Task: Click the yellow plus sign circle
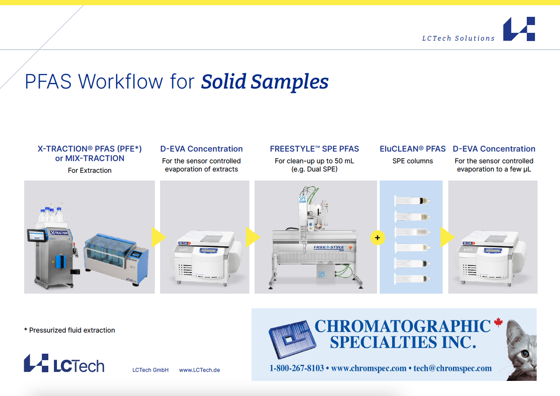coord(378,238)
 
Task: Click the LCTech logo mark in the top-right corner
coord(519,29)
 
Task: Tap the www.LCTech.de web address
coord(199,370)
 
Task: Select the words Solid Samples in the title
coord(265,82)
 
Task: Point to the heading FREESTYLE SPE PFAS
coord(314,149)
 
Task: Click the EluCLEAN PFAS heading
coord(412,149)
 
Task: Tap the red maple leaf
coord(498,322)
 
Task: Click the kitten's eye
coord(525,353)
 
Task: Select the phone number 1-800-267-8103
coord(296,368)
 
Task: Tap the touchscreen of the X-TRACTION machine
coord(37,235)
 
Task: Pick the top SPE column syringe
coord(412,201)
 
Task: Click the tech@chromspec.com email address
coord(453,368)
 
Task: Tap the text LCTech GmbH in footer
coord(151,370)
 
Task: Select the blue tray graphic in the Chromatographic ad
coord(293,339)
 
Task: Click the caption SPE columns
coord(412,161)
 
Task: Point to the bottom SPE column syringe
coord(412,279)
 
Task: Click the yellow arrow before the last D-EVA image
coord(447,237)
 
